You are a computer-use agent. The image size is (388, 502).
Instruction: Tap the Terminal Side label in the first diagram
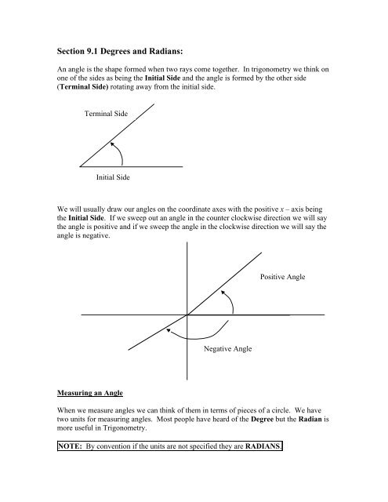click(106, 115)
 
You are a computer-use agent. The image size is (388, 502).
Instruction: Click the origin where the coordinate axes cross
click(188, 315)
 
